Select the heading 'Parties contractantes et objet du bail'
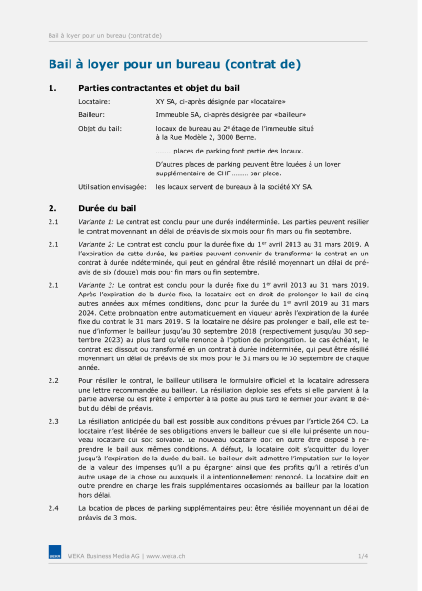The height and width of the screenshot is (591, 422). [x=157, y=88]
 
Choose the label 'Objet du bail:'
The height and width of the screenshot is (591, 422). [x=100, y=127]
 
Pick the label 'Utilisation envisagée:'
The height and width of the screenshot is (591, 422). [x=110, y=187]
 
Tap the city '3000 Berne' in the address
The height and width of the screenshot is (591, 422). [x=255, y=137]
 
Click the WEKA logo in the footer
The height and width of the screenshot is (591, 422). [x=55, y=554]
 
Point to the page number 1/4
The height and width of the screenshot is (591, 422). [x=362, y=554]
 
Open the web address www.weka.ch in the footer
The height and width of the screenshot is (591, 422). [x=165, y=554]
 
